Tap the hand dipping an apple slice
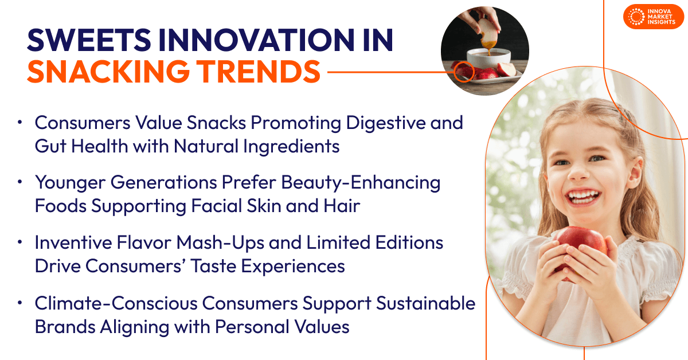click(x=481, y=23)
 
